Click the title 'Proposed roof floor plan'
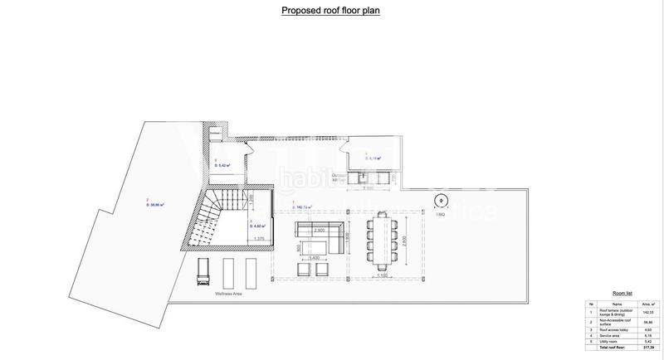[x=332, y=11]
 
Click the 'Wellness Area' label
[x=204, y=292]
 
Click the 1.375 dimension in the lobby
[x=258, y=239]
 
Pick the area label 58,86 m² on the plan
[x=155, y=204]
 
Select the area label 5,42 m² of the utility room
[x=222, y=165]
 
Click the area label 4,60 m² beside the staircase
[x=258, y=224]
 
